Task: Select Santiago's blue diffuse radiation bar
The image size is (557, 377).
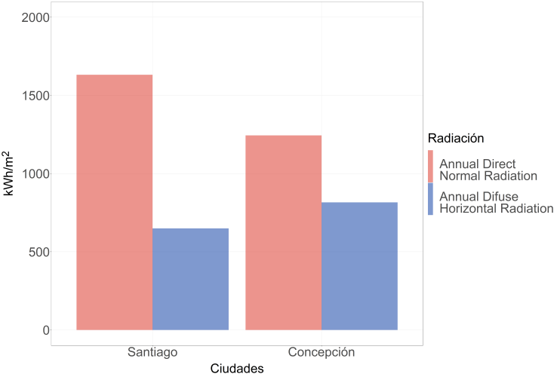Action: point(190,279)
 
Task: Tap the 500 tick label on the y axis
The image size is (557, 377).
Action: point(36,252)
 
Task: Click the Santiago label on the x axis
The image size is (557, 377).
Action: point(152,352)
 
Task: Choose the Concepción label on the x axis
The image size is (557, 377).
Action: point(322,352)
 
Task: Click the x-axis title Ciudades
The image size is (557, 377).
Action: point(236,369)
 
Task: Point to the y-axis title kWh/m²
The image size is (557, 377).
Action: point(10,173)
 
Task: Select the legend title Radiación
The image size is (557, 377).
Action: point(455,138)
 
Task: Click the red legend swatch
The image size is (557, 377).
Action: point(430,166)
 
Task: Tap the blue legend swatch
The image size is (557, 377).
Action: point(430,199)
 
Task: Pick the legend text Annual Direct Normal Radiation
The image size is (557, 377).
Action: point(488,170)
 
